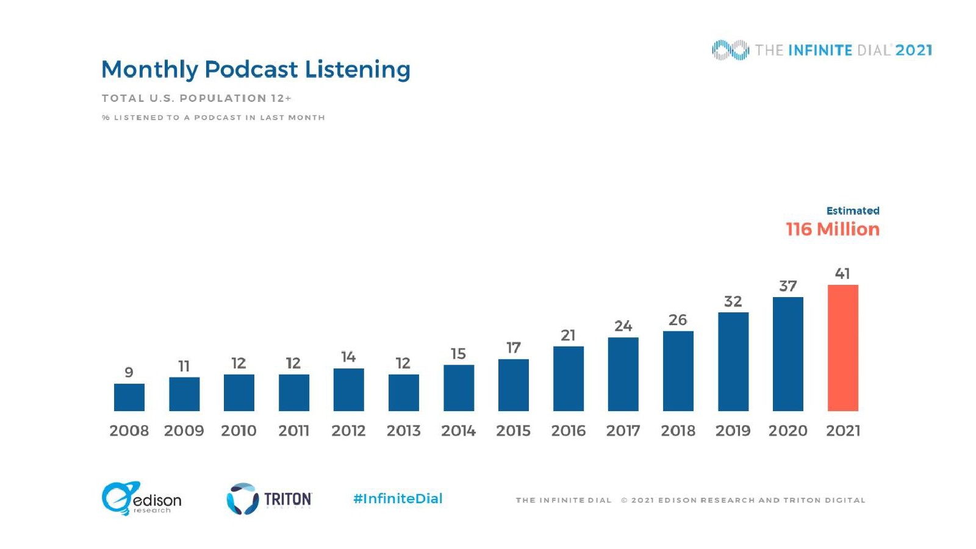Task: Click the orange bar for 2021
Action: (x=842, y=348)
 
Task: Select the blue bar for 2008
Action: (x=129, y=397)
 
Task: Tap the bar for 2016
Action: (x=568, y=378)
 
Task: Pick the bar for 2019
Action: (x=733, y=361)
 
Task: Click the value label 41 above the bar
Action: (x=842, y=273)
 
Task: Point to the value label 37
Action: (x=788, y=286)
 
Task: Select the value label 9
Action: (x=129, y=372)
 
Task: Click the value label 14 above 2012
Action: (x=348, y=356)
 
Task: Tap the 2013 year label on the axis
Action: (x=403, y=431)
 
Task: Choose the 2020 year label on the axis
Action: (x=788, y=431)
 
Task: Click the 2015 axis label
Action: (x=513, y=431)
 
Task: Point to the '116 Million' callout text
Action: (x=833, y=229)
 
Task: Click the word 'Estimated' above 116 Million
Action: (x=852, y=210)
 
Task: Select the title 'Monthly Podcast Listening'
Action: (x=256, y=70)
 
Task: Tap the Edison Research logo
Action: (x=142, y=498)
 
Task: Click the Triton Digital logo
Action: (x=269, y=499)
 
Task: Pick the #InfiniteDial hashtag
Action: (x=398, y=498)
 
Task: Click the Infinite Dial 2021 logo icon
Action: (x=730, y=50)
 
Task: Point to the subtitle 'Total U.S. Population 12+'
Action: (x=196, y=98)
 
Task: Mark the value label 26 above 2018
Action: (x=678, y=320)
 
